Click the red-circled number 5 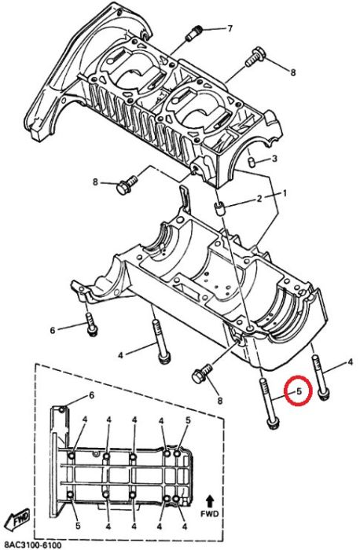tap(299, 391)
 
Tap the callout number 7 tap(230, 28)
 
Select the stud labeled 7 tap(194, 33)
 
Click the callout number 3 tap(274, 159)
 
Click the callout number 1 tap(285, 193)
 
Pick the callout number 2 tap(259, 199)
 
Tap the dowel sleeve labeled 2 tap(219, 208)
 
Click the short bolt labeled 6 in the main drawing tap(90, 324)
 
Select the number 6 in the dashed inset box tap(92, 396)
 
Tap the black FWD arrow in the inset tap(210, 501)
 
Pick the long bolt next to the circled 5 tap(269, 402)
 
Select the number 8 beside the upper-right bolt tap(293, 72)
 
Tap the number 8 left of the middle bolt tap(95, 182)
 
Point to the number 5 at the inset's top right tap(188, 420)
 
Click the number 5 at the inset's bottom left tap(78, 526)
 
